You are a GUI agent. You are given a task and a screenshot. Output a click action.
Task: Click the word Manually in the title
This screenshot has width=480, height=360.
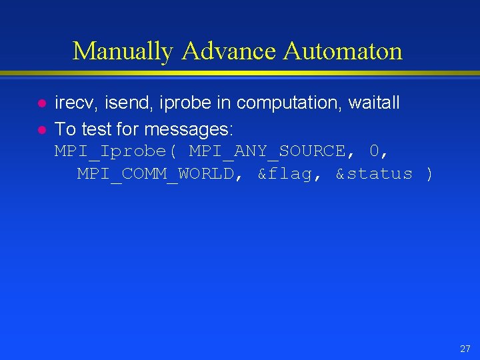coord(123,51)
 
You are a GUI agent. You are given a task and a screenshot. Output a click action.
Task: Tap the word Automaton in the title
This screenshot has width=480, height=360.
coord(343,51)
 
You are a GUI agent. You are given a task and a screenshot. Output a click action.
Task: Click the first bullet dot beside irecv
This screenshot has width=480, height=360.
coord(41,104)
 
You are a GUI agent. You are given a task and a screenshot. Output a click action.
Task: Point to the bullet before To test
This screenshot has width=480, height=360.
coord(41,128)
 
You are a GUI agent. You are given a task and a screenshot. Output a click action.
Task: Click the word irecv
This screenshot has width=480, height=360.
coord(75,103)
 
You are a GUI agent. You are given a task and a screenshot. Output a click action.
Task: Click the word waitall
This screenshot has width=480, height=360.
coord(374,103)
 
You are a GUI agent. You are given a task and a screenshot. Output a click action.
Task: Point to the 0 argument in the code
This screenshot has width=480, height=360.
coord(375,151)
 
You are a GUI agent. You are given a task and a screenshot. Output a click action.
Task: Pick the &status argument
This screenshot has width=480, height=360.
coord(374,174)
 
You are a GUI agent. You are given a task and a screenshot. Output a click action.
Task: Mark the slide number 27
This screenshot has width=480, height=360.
coord(465,349)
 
